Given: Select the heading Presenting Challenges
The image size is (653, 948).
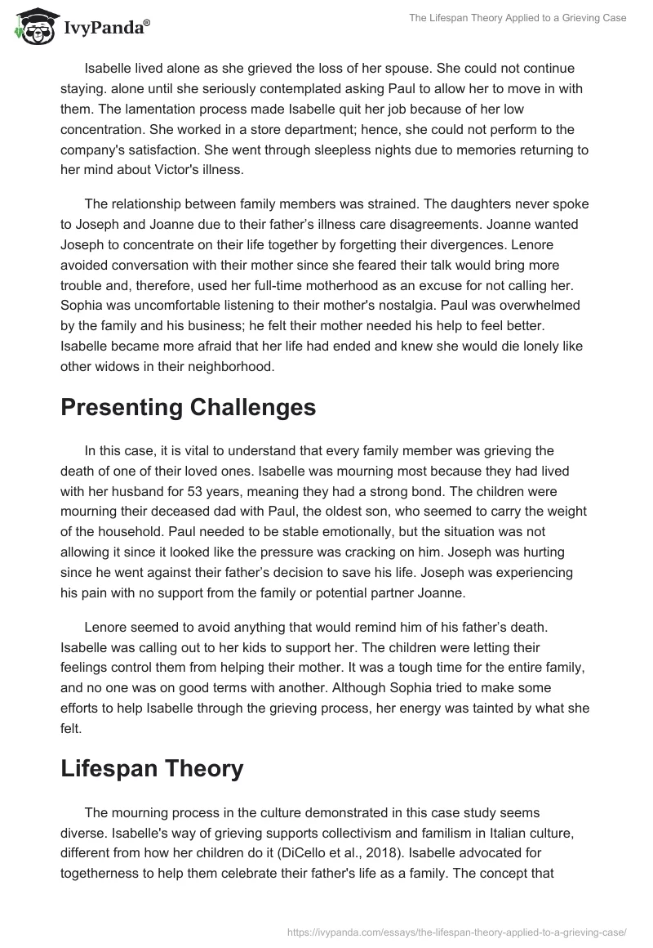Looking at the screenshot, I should [x=188, y=408].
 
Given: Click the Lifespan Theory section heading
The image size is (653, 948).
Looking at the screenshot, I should [x=152, y=768].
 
